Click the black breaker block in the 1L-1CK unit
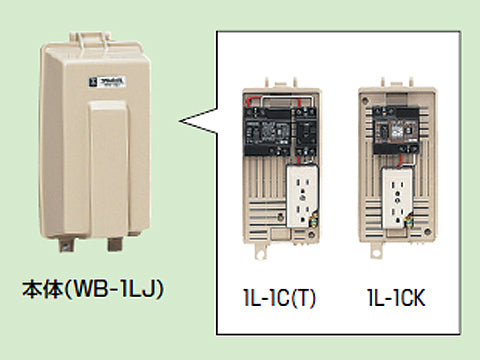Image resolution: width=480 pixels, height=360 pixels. (x=393, y=129)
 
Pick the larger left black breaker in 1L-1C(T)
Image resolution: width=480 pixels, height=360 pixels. (x=267, y=126)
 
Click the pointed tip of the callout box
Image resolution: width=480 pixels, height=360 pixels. (x=183, y=122)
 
